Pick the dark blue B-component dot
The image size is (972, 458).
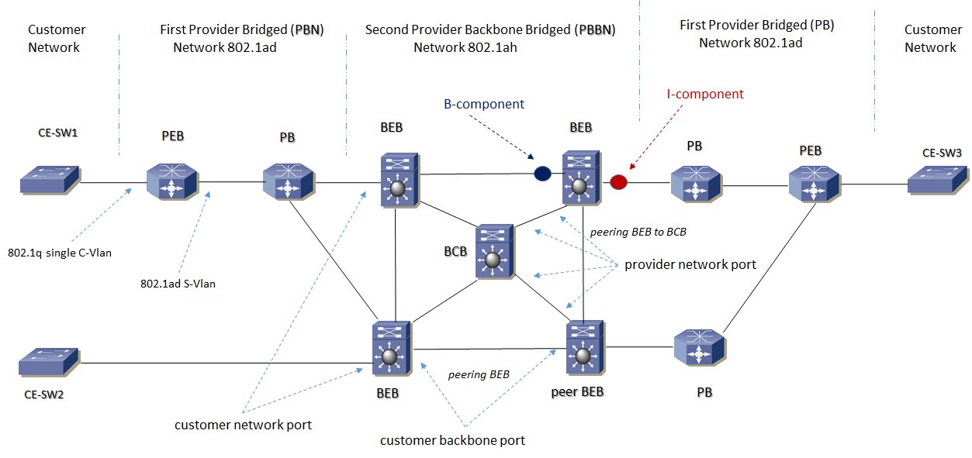(542, 174)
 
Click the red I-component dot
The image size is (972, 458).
(618, 182)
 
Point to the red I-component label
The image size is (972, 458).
(705, 95)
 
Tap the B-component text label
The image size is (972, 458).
(484, 104)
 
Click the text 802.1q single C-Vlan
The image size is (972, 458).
(60, 253)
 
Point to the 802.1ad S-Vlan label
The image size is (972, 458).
(178, 284)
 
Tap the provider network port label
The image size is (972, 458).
(690, 265)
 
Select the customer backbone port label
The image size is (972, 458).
(452, 440)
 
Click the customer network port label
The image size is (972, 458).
(243, 425)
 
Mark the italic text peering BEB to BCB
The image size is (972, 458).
(638, 231)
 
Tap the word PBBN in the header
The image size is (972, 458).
(595, 30)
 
